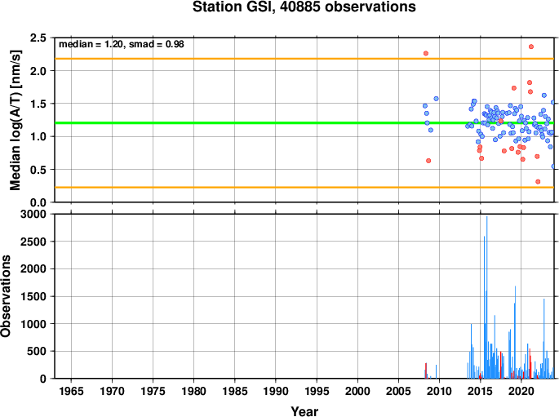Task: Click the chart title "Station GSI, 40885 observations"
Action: point(304,7)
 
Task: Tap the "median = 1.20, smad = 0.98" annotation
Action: point(122,44)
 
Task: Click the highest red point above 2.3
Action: point(530,47)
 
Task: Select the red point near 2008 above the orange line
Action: point(426,54)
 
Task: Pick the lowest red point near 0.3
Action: point(538,182)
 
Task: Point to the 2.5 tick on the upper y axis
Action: point(38,38)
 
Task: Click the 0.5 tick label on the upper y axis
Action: point(38,170)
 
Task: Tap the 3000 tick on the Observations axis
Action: point(33,214)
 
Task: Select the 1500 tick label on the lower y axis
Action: point(33,296)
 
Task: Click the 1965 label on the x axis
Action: point(71,392)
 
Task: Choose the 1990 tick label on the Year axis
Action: point(276,392)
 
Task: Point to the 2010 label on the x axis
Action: point(439,392)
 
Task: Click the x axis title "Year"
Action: point(304,411)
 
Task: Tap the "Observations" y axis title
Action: point(6,296)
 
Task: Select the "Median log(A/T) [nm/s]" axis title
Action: point(15,120)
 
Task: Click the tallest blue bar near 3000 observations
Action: point(486,297)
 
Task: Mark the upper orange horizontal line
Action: point(304,59)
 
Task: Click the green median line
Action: point(304,123)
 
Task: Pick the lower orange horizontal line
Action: point(304,187)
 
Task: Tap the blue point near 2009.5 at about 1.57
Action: point(436,99)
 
